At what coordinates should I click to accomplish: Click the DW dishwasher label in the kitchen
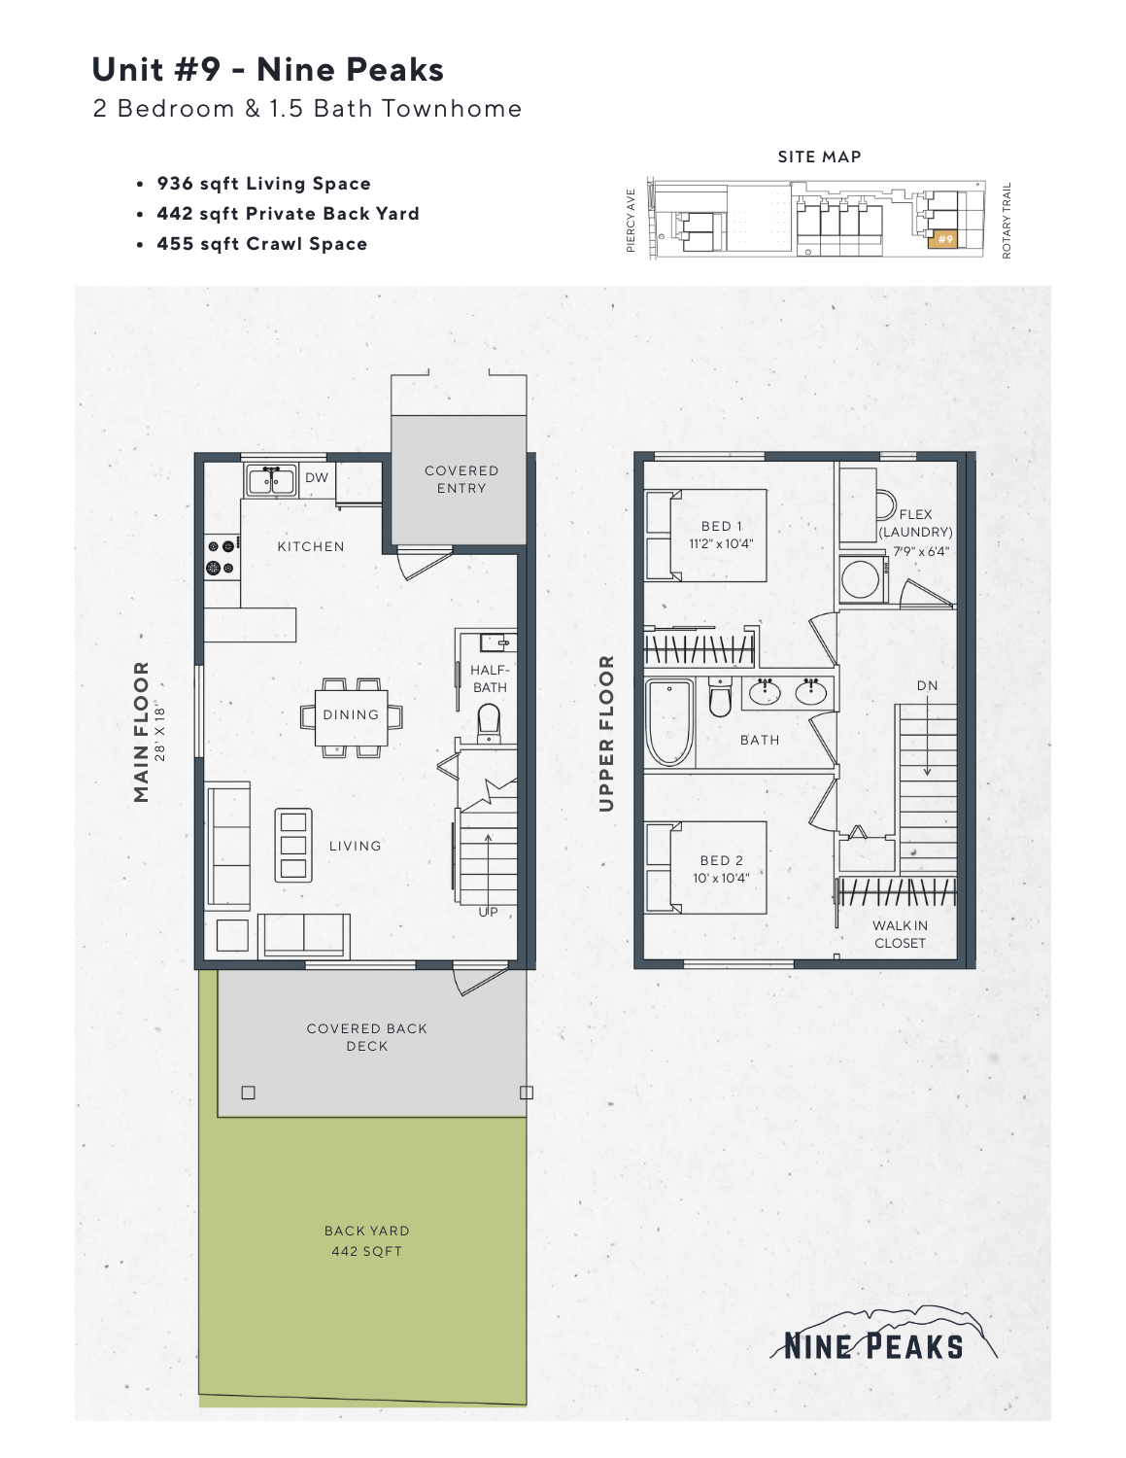[x=317, y=477]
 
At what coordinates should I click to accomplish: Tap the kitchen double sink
[x=271, y=480]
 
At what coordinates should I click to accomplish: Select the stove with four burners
[x=221, y=557]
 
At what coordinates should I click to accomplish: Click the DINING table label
[x=351, y=714]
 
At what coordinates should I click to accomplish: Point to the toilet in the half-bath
[x=488, y=722]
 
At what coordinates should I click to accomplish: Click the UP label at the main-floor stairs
[x=488, y=912]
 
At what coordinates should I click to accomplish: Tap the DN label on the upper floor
[x=927, y=685]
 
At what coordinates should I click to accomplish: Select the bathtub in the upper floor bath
[x=668, y=722]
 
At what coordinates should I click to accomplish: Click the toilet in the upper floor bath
[x=719, y=698]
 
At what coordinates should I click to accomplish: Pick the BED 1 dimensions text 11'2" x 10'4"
[x=721, y=544]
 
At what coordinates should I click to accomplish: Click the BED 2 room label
[x=721, y=860]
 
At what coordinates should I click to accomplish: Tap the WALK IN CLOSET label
[x=900, y=934]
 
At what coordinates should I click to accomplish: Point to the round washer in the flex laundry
[x=861, y=580]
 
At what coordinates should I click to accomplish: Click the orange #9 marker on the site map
[x=944, y=239]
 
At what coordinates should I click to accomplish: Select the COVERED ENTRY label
[x=461, y=479]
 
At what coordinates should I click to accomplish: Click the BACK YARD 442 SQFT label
[x=366, y=1241]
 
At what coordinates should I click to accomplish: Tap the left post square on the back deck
[x=249, y=1093]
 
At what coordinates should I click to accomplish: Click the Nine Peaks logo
[x=874, y=1336]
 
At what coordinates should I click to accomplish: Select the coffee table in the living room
[x=293, y=845]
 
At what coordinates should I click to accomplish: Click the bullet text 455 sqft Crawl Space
[x=262, y=244]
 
